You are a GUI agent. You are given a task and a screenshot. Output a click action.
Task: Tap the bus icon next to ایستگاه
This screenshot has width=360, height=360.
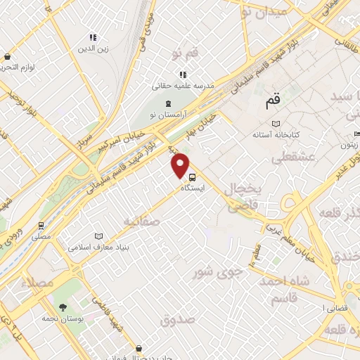click(x=192, y=179)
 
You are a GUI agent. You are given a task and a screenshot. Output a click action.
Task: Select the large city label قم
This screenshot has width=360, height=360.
click(x=273, y=103)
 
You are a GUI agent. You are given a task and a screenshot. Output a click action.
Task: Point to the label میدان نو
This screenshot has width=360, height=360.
click(x=264, y=12)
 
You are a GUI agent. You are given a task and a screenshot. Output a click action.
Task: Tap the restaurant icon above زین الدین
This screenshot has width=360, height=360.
click(x=92, y=38)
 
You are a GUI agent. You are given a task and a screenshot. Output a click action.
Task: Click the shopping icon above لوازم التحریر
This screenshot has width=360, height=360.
click(x=7, y=57)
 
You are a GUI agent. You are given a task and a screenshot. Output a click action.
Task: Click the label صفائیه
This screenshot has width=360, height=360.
click(x=141, y=221)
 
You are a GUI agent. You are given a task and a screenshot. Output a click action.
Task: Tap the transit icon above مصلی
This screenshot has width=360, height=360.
click(x=41, y=226)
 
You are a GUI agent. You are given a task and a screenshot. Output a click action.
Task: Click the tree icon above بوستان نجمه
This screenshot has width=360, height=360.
click(x=64, y=307)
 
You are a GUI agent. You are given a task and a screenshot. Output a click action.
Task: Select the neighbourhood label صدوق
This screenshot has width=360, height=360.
click(x=176, y=321)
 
